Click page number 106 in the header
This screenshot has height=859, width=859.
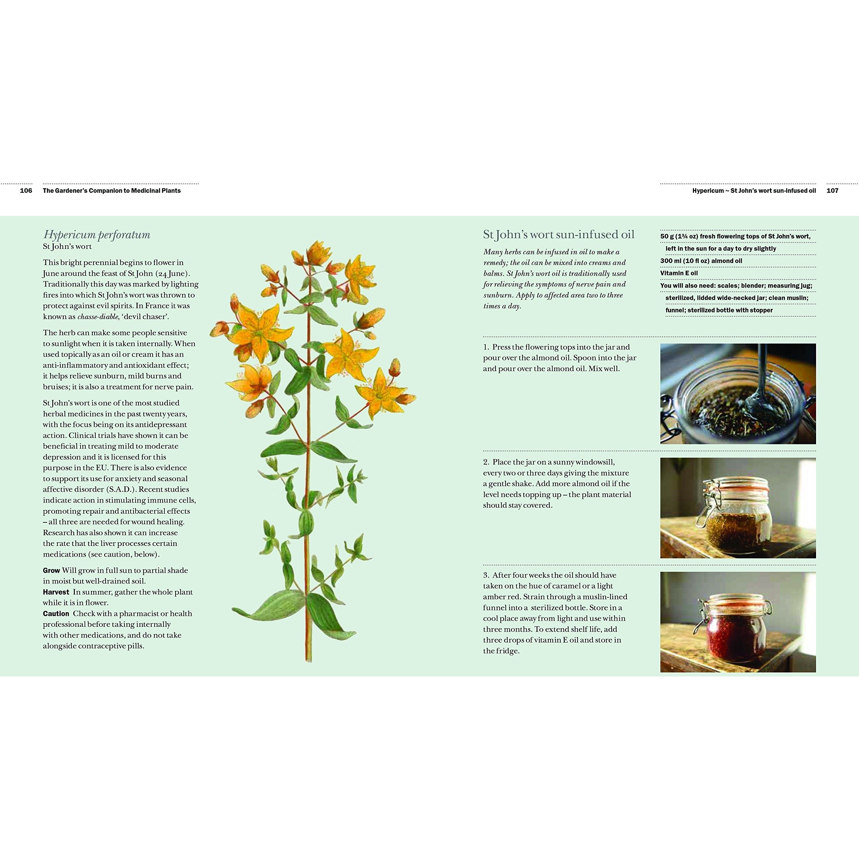point(26,191)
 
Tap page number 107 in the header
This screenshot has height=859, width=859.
point(832,191)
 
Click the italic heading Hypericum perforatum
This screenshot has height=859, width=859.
point(97,235)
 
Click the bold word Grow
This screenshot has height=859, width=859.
point(52,570)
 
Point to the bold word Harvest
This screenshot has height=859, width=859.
point(56,592)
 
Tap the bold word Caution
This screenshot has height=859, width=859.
point(56,614)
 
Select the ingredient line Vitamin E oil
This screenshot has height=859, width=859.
point(679,273)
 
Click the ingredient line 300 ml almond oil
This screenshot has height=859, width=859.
point(701,261)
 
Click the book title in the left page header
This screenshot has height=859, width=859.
point(112,191)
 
